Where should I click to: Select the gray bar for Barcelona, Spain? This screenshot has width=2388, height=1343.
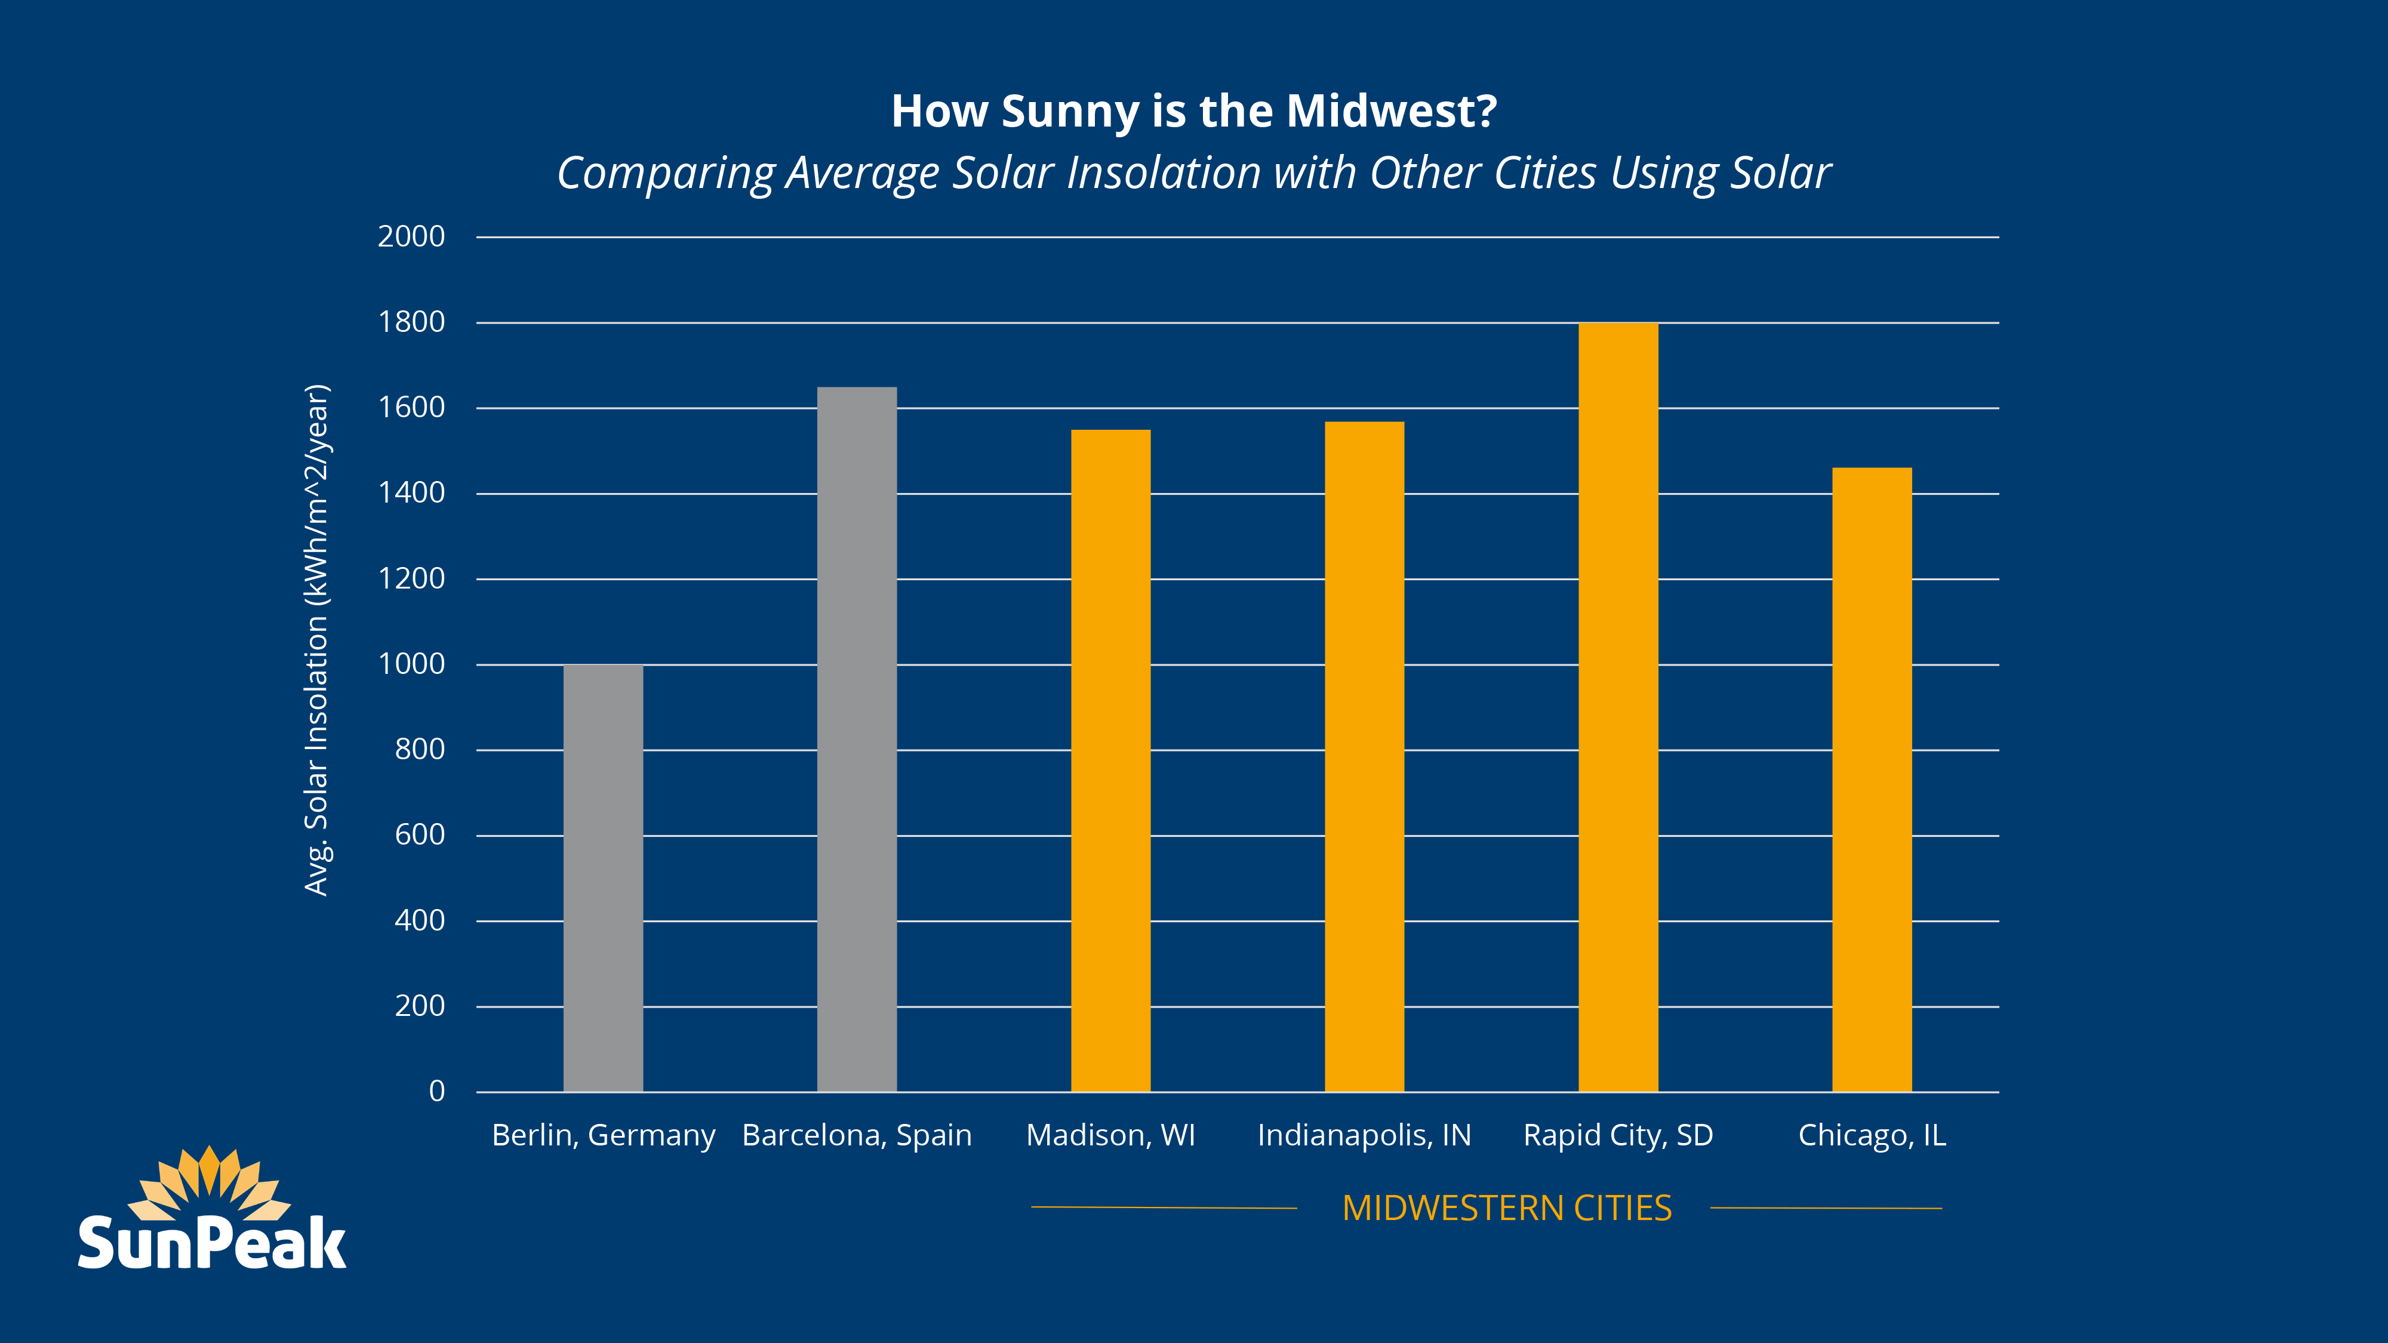coord(857,740)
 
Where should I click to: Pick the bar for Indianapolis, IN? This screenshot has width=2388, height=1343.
coord(1364,756)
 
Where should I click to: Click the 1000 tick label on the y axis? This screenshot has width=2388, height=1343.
coord(411,664)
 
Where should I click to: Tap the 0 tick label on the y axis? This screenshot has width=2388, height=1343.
coord(436,1091)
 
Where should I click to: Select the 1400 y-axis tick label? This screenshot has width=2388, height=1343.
coord(411,493)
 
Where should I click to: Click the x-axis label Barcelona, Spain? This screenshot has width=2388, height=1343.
coord(857,1135)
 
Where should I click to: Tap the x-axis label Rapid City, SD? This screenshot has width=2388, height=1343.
coord(1618,1135)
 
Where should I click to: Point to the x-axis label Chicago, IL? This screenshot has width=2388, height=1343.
coord(1872,1135)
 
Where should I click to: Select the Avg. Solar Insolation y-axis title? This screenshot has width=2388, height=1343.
coord(317,639)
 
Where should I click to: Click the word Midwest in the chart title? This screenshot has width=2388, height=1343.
coord(1390,111)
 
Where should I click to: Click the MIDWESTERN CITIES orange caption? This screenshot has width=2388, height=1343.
coord(1506,1208)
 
